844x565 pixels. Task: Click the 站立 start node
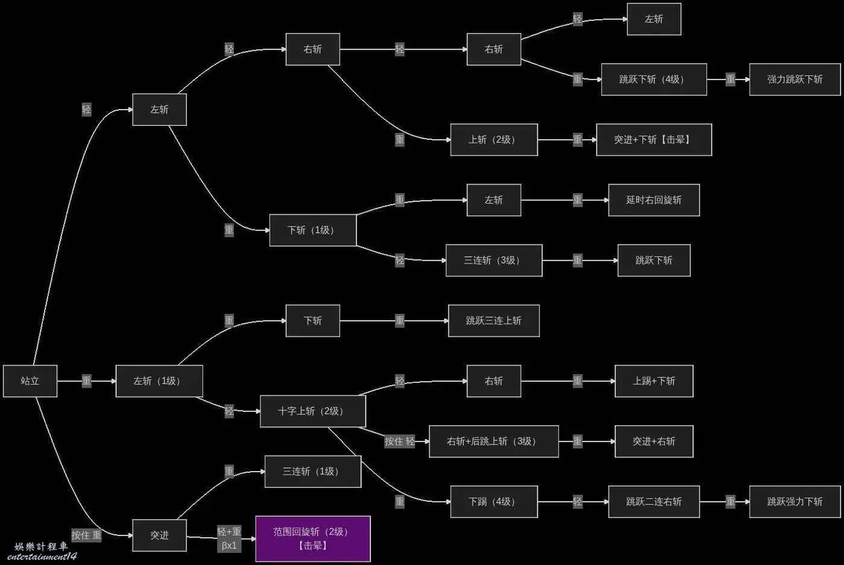click(30, 381)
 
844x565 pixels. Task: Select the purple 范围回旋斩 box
click(313, 538)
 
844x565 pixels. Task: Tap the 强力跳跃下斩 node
click(795, 80)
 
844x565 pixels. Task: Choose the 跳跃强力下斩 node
click(795, 502)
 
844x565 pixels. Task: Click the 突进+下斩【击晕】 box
click(654, 140)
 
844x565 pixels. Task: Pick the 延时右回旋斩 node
click(654, 200)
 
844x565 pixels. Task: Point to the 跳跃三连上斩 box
click(494, 320)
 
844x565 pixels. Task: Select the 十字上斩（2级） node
click(313, 411)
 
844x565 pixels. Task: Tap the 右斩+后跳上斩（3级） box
click(494, 441)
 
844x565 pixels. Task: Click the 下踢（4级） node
click(494, 502)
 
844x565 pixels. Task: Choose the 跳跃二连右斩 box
click(654, 502)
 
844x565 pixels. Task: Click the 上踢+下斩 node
click(654, 381)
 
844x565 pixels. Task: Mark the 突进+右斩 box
click(654, 441)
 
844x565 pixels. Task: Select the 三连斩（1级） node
click(313, 472)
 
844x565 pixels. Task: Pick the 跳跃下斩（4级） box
click(654, 80)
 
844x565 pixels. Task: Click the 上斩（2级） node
click(494, 140)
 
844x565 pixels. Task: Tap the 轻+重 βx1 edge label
click(229, 538)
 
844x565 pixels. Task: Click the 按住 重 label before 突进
click(87, 535)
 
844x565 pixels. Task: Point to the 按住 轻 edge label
click(400, 441)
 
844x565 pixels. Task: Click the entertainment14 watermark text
click(42, 557)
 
